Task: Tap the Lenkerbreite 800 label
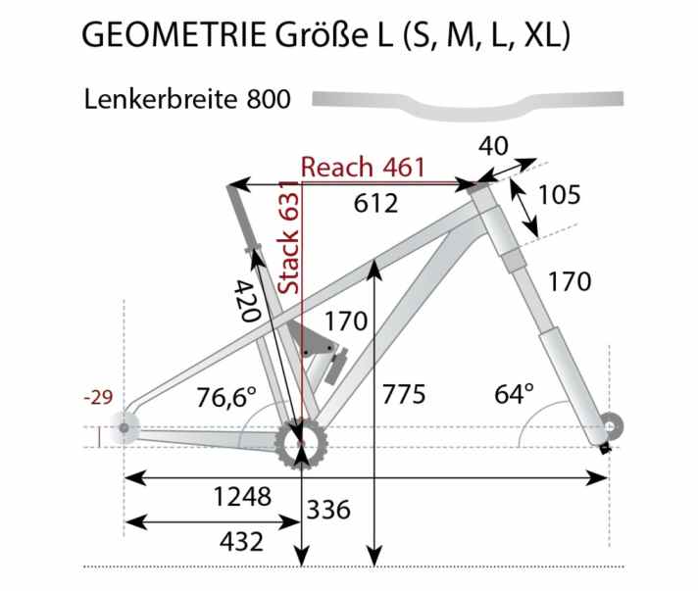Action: tap(186, 100)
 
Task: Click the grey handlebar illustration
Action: tap(468, 99)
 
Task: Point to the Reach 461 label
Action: tap(363, 167)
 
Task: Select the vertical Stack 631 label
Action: tap(289, 237)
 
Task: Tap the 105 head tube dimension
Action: tap(561, 194)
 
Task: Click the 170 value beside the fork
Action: tap(570, 282)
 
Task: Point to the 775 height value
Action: tap(403, 395)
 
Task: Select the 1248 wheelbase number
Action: tap(242, 497)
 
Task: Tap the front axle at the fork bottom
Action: tap(611, 425)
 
